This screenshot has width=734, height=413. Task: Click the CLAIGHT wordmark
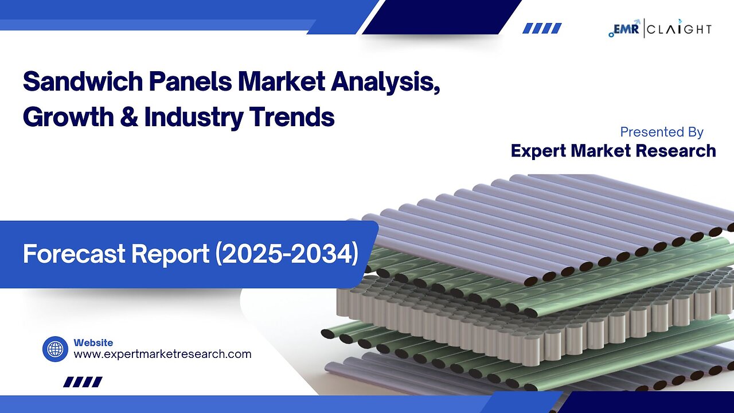[680, 29]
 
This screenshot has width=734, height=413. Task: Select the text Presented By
[662, 132]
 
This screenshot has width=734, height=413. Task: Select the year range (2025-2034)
[286, 254]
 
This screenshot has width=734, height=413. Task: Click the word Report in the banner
[170, 254]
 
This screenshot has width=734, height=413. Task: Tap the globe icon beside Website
[55, 349]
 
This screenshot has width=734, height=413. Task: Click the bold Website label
[93, 342]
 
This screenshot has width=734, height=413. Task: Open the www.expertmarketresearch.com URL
[162, 354]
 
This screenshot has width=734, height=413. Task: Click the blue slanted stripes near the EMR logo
[542, 28]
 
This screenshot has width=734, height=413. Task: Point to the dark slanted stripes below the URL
[83, 382]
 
